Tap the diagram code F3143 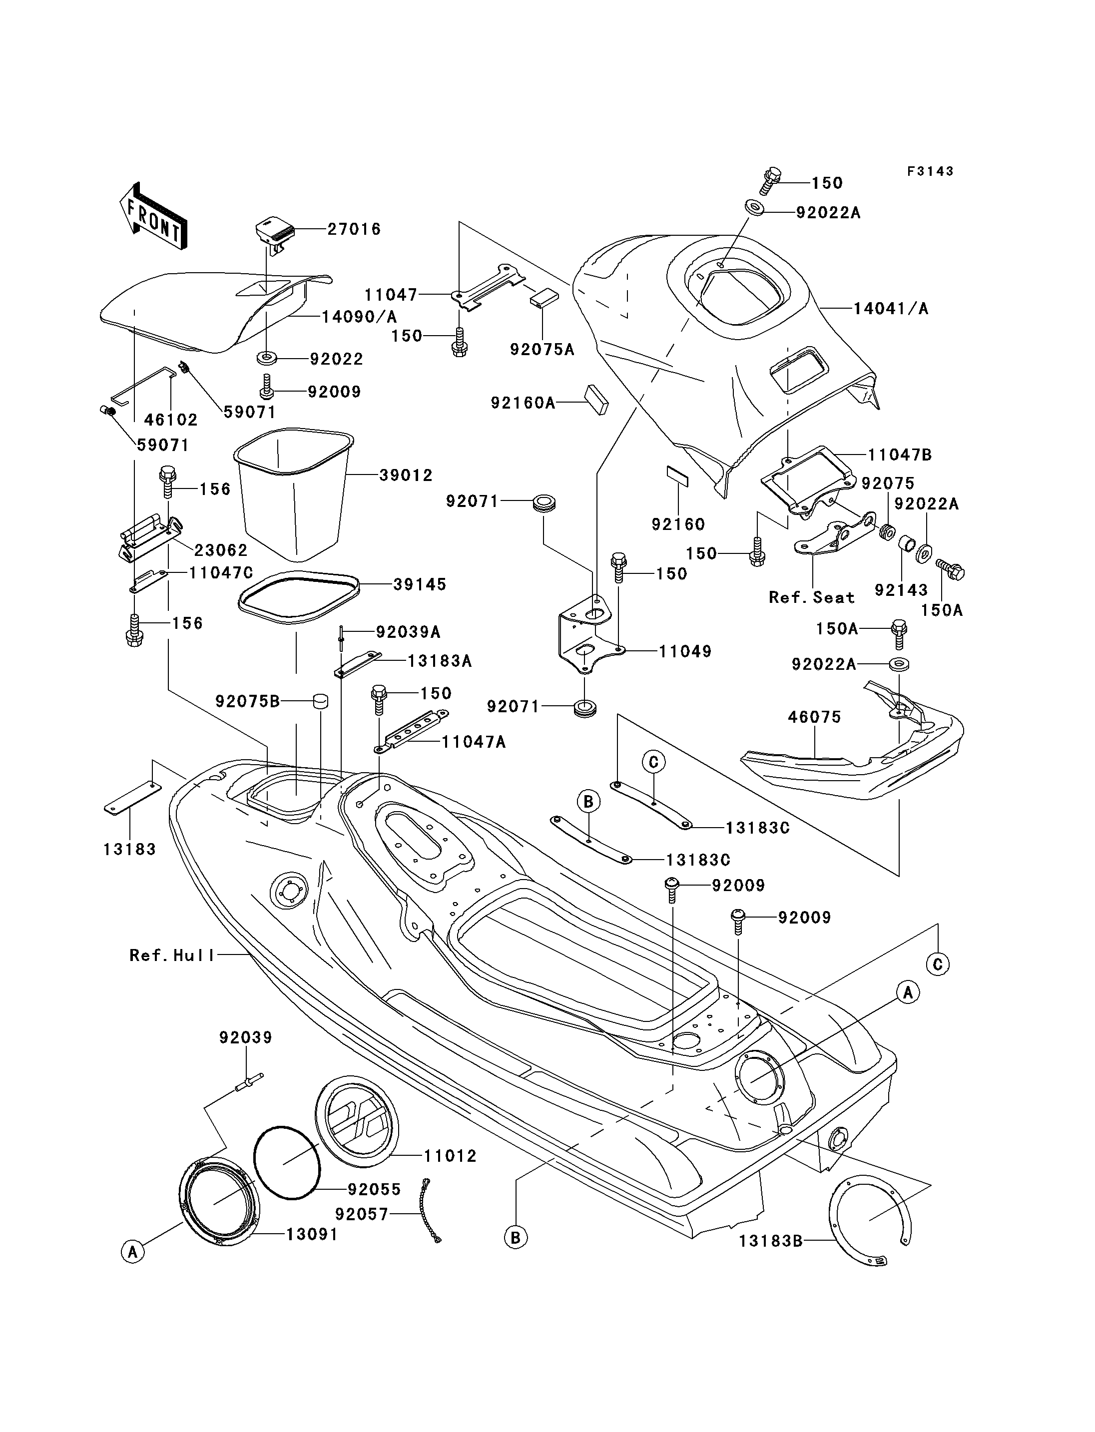(x=930, y=171)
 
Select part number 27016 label (x=354, y=229)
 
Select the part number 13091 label (x=312, y=1235)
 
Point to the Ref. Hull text (x=172, y=955)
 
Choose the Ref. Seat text (x=811, y=598)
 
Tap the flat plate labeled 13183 (x=133, y=798)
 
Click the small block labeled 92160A (x=596, y=399)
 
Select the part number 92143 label (x=901, y=590)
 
